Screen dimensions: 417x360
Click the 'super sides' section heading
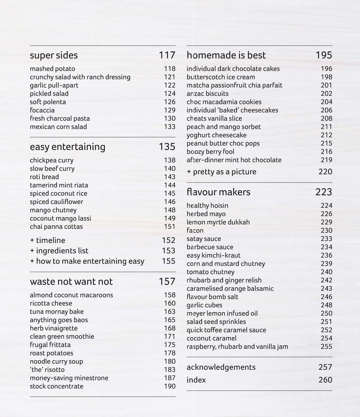click(54, 55)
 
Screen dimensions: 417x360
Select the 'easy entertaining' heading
click(68, 147)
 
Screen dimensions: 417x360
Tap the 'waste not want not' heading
click(71, 282)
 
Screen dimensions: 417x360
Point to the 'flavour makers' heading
click(218, 192)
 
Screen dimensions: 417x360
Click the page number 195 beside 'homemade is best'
click(324, 55)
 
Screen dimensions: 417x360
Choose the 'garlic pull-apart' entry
click(54, 86)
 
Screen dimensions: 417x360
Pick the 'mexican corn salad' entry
click(58, 127)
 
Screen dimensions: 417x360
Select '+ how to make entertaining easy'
click(87, 261)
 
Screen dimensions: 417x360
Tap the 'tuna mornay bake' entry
click(57, 312)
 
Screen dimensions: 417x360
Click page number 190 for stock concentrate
click(169, 386)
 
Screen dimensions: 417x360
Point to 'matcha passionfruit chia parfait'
click(234, 86)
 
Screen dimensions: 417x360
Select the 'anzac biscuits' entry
click(208, 94)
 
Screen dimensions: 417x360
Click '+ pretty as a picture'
click(222, 172)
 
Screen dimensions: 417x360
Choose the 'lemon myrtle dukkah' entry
click(218, 222)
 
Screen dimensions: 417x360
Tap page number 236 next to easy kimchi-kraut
click(326, 255)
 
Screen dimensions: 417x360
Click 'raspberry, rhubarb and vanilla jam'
click(237, 347)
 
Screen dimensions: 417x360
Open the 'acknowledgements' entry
click(221, 367)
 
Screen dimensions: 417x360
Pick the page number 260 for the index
click(325, 380)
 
